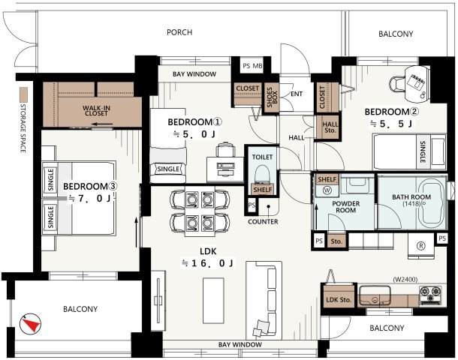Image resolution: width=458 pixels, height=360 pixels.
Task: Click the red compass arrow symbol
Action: [x=30, y=324]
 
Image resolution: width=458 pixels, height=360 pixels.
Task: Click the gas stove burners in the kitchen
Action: [x=430, y=295]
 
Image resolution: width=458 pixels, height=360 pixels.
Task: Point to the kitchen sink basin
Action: [x=375, y=295]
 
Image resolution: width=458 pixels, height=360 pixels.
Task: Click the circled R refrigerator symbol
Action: [x=421, y=246]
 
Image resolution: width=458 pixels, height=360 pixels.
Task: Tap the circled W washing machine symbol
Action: [x=327, y=190]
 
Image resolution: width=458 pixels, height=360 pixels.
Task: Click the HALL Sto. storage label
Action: [x=330, y=127]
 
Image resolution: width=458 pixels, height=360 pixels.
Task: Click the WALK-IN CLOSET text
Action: [x=96, y=110]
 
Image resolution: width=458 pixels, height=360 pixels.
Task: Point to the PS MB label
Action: [x=252, y=66]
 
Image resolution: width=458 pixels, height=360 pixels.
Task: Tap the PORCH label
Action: [x=179, y=32]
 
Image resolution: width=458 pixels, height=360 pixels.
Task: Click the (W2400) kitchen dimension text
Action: [x=405, y=280]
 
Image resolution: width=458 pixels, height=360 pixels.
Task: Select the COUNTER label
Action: [x=263, y=222]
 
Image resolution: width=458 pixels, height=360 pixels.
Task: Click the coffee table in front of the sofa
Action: [x=213, y=301]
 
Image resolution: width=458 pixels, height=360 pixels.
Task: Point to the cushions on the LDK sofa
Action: [x=261, y=328]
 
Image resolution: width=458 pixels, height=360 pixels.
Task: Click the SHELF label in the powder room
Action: [x=327, y=179]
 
